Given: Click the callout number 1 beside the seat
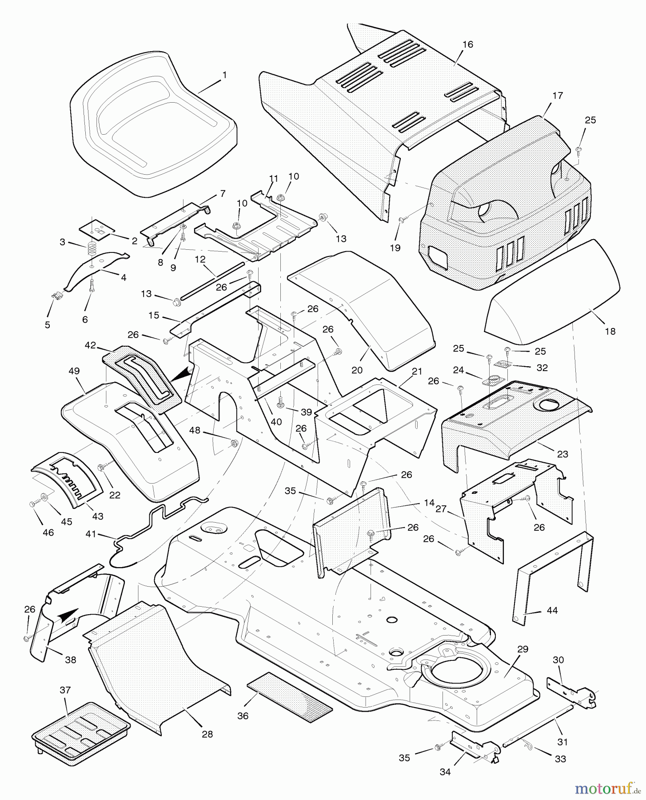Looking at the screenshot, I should (x=224, y=76).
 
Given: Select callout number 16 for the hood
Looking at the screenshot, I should (x=467, y=44).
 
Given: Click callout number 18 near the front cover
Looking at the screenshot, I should (x=610, y=331).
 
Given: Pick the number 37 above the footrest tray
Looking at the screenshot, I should (x=65, y=690).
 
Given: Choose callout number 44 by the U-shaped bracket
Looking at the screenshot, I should (x=552, y=610).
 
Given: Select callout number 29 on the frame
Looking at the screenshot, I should (x=522, y=649).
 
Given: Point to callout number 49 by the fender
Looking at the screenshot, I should (x=74, y=370).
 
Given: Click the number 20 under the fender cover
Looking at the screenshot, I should (x=357, y=369).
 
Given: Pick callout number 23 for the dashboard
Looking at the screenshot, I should (x=562, y=454).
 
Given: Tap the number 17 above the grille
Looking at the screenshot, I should (x=558, y=96).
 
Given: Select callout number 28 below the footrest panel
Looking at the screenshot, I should (x=207, y=734).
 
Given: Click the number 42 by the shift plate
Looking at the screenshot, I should (x=90, y=345).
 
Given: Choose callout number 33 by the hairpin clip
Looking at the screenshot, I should (x=561, y=759).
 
